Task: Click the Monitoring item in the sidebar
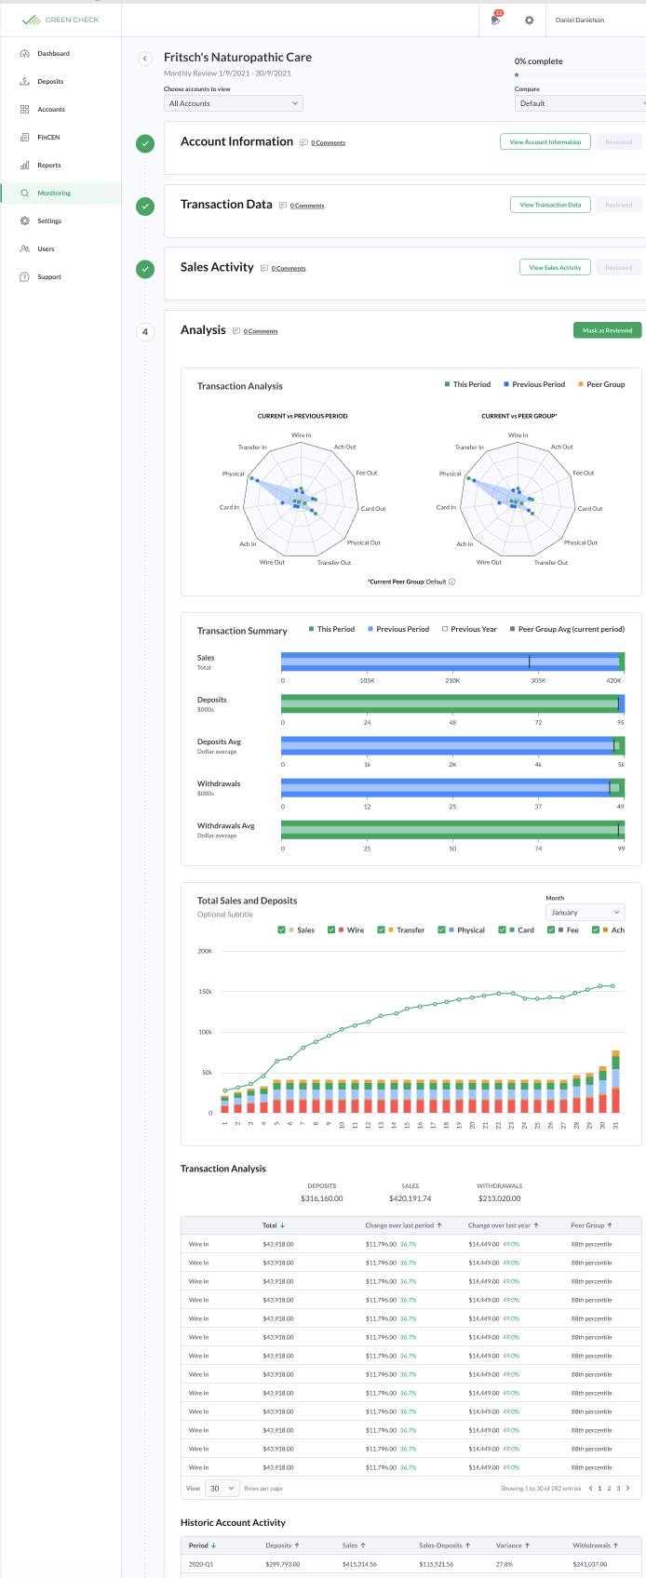click(x=54, y=194)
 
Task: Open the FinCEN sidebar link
click(x=48, y=138)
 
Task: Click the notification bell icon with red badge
click(x=495, y=20)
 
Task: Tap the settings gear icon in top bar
click(x=530, y=20)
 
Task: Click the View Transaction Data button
click(x=550, y=205)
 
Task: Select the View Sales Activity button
click(x=555, y=268)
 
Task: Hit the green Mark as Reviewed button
click(x=607, y=330)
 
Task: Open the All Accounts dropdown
click(x=233, y=103)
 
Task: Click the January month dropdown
click(x=585, y=913)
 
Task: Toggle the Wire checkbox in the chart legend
click(x=331, y=929)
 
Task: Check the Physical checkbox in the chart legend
click(x=441, y=929)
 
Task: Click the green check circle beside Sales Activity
click(x=145, y=269)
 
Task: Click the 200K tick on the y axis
click(x=205, y=951)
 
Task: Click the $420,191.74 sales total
click(x=410, y=1198)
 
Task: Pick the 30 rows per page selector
click(x=222, y=1488)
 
